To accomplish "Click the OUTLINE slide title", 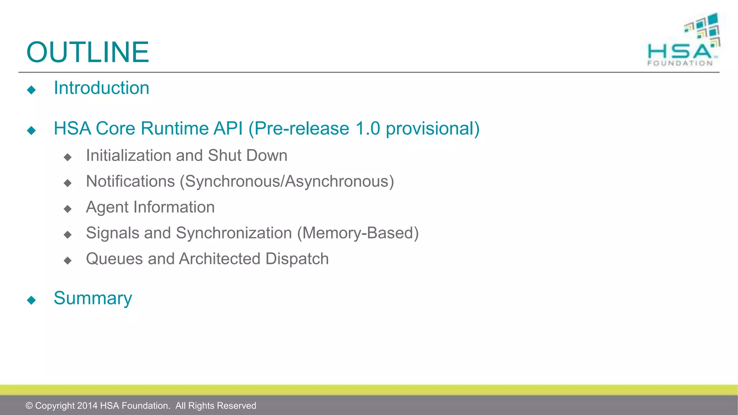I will [x=88, y=52].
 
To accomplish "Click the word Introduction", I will [x=101, y=88].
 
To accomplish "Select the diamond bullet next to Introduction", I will [x=31, y=90].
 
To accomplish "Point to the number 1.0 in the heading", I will [x=368, y=129].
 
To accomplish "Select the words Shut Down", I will [x=248, y=156].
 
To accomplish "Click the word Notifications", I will [x=130, y=181].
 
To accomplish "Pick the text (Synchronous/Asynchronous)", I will [x=287, y=181].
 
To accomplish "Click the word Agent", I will [x=107, y=207].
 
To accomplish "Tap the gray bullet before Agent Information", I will [x=67, y=209].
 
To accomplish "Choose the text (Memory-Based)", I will [x=358, y=233].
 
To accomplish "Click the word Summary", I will [x=93, y=298].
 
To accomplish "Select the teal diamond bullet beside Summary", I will [x=31, y=300].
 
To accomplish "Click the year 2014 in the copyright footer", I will [x=87, y=406].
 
